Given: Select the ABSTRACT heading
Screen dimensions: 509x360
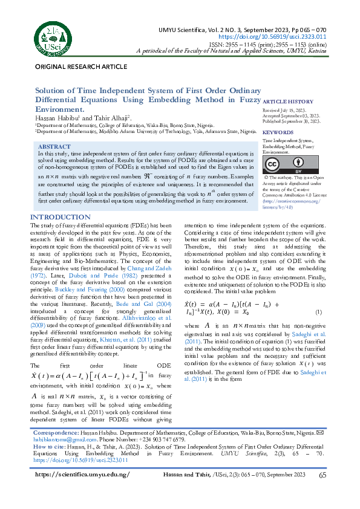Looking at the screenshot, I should pos(54,147).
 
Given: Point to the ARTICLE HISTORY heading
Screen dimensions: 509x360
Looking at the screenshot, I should pos(287,102).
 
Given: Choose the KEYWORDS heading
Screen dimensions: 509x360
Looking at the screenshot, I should pos(278,132).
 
